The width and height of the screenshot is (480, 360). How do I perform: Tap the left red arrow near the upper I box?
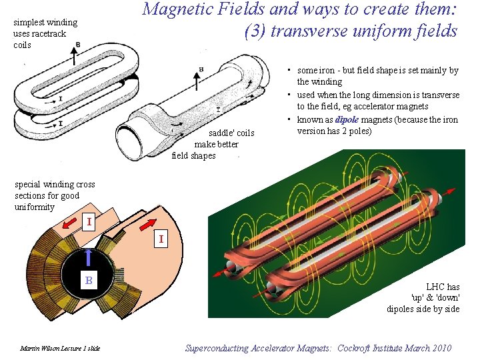[69, 227]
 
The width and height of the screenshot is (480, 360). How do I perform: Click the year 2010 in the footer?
[441, 348]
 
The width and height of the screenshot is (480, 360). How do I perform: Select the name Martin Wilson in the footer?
[38, 349]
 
